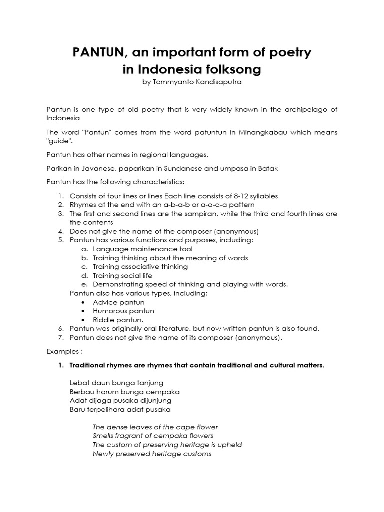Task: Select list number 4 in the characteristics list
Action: click(60, 231)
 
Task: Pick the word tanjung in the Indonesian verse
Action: click(150, 383)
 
